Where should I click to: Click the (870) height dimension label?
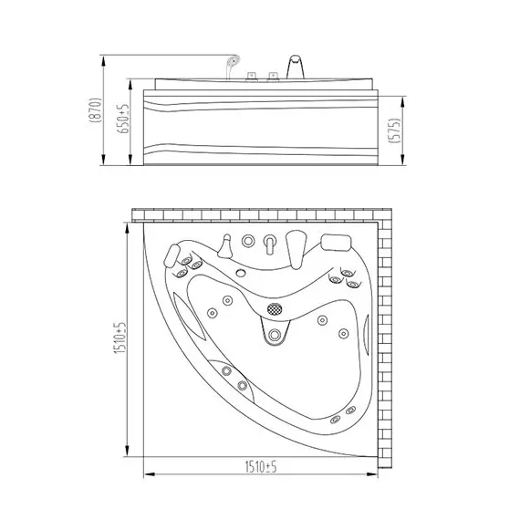click(95, 110)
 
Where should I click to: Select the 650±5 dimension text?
click(123, 119)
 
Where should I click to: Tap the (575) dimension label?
click(395, 130)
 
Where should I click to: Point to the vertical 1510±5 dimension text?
click(120, 338)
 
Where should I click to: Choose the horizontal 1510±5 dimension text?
click(261, 467)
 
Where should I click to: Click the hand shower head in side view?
click(233, 61)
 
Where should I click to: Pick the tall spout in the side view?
click(296, 67)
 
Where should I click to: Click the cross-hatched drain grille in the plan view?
click(275, 309)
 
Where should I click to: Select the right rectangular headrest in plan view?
click(337, 243)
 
